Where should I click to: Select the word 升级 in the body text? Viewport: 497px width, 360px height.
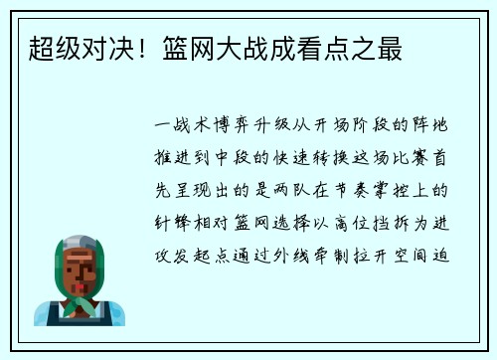click(270, 128)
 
